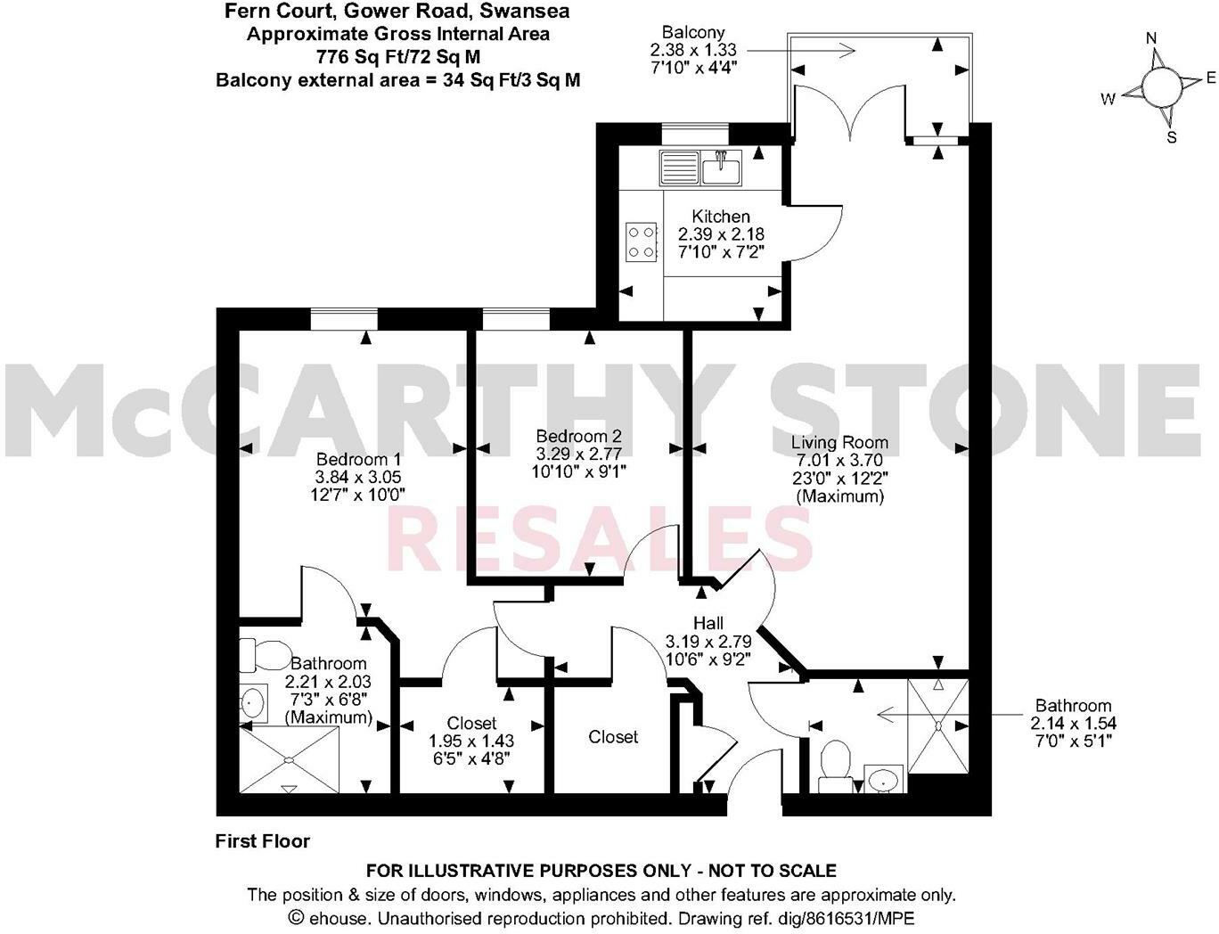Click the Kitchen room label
[x=721, y=217]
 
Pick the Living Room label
[x=839, y=442]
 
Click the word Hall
[x=708, y=623]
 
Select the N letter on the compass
[x=1151, y=38]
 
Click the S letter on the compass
[x=1172, y=137]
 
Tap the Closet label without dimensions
[x=613, y=737]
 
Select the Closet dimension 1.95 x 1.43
[x=471, y=741]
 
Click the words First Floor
[x=263, y=840]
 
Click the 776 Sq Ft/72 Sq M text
[x=398, y=57]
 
